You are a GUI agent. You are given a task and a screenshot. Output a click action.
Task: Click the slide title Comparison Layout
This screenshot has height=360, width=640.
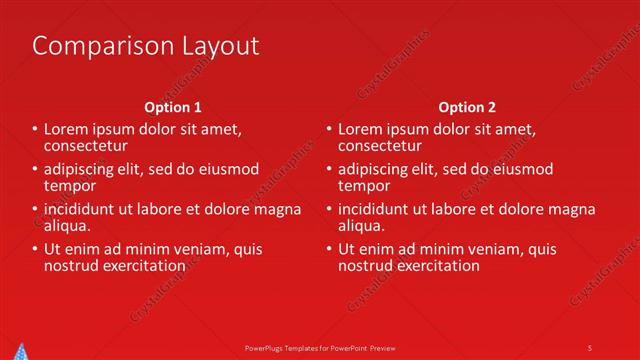point(146,46)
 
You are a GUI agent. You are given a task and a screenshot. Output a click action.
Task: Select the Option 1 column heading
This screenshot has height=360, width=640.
point(173,106)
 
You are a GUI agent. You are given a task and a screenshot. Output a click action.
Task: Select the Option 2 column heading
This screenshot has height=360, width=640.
point(467,106)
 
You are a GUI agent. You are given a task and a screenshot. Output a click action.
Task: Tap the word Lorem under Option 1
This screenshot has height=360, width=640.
point(65,129)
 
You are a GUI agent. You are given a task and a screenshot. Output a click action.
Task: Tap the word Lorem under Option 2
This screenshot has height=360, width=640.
point(359,129)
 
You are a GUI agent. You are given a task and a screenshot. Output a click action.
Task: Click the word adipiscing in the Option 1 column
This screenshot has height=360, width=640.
point(79,168)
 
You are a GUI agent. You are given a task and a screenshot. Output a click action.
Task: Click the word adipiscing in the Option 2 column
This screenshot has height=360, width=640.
point(373,168)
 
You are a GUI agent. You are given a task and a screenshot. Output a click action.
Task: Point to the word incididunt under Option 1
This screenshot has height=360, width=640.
point(80,209)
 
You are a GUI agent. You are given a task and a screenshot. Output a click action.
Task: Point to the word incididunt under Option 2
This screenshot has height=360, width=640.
point(374,209)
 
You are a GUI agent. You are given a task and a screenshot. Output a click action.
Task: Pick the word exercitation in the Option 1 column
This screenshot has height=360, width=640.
point(144,265)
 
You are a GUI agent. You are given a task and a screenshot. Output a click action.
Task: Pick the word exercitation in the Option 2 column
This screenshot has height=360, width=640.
point(438,265)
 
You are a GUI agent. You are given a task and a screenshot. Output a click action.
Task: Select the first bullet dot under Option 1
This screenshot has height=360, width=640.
point(34,130)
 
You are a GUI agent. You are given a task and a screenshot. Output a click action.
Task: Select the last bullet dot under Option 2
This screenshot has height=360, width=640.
point(328,250)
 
